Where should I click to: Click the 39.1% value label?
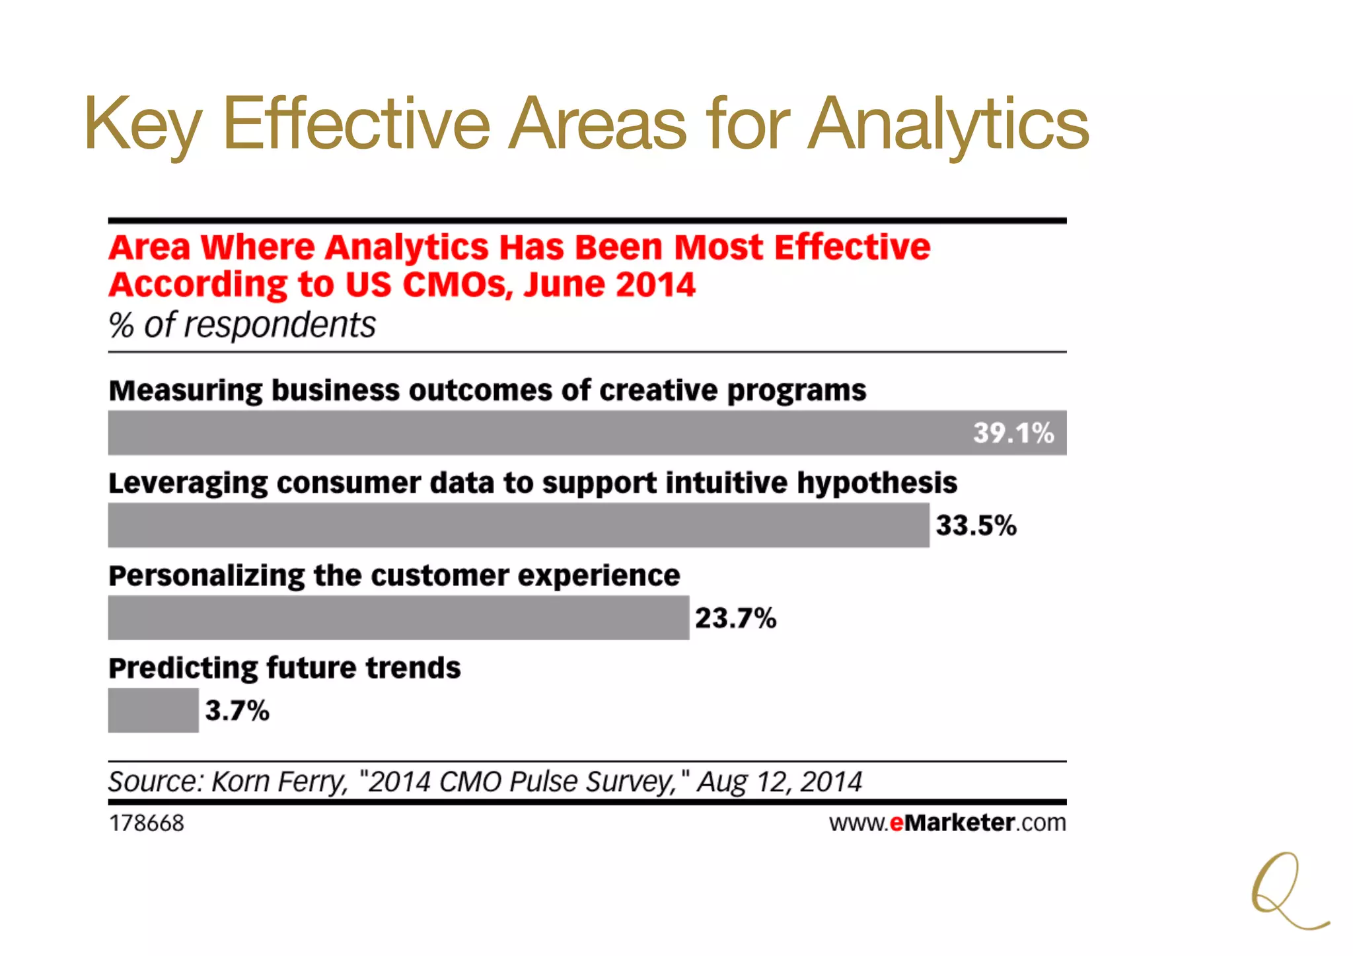point(1013,433)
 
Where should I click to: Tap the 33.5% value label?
point(976,526)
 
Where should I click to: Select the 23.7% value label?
point(735,618)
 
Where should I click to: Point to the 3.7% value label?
point(237,711)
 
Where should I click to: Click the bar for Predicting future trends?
point(153,710)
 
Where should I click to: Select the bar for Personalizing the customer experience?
point(398,618)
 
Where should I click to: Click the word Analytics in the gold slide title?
point(948,124)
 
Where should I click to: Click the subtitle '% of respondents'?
point(242,325)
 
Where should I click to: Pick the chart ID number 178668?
point(147,823)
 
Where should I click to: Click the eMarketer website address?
point(947,823)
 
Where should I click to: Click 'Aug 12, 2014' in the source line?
point(780,782)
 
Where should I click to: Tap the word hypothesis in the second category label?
point(877,483)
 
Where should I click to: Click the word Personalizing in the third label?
point(206,575)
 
